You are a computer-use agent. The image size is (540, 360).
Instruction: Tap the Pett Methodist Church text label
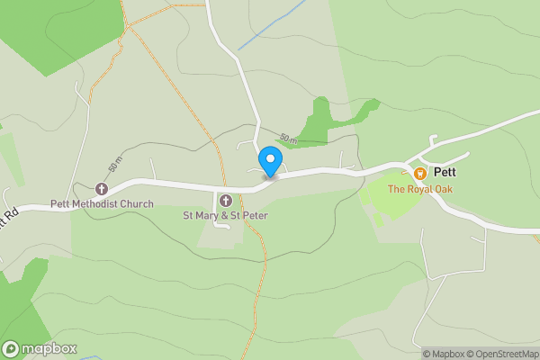click(x=102, y=204)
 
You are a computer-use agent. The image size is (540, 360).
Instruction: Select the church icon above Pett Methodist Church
click(x=102, y=189)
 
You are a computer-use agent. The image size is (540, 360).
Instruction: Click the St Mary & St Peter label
click(x=225, y=215)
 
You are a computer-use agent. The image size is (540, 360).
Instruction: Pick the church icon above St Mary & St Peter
click(x=225, y=200)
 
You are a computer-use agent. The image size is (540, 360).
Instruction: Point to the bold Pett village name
click(x=445, y=171)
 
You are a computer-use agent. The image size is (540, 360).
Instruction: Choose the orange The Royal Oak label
click(x=419, y=189)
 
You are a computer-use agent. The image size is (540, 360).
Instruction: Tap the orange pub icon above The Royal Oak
click(x=419, y=173)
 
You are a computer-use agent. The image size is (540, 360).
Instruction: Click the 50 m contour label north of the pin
click(x=288, y=139)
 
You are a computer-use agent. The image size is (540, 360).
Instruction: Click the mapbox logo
click(x=40, y=349)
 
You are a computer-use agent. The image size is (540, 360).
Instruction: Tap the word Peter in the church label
click(x=255, y=215)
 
